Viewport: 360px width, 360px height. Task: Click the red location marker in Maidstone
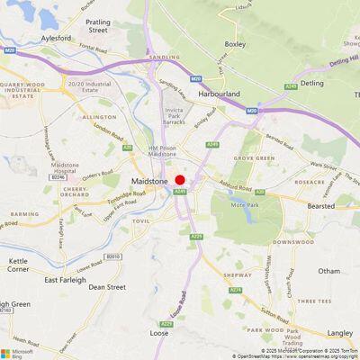180,180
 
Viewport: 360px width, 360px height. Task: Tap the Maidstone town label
149,181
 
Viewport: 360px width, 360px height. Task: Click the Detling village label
311,83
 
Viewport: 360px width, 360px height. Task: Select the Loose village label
158,333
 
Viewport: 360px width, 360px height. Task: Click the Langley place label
340,332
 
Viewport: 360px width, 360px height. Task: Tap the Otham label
329,271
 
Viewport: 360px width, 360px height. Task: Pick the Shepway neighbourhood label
238,275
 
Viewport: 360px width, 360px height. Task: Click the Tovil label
140,220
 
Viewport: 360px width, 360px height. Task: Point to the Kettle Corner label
18,264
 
